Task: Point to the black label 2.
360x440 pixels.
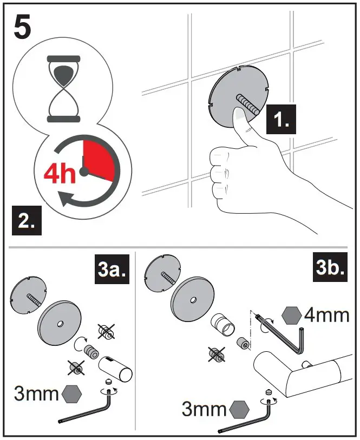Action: point(28,221)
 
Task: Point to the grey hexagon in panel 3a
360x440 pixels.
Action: point(71,393)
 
